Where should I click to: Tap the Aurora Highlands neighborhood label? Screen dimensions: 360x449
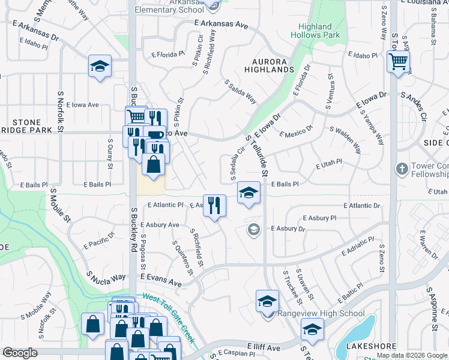tap(269, 65)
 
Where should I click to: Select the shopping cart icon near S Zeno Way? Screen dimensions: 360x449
tap(398, 61)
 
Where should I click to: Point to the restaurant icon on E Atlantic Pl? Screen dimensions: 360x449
tap(214, 205)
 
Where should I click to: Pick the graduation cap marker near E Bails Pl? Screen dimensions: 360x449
tap(249, 193)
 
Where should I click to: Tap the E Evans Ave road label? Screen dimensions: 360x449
tap(160, 281)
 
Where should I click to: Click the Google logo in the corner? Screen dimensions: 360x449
tap(19, 353)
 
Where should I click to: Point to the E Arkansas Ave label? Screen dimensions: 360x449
tap(221, 25)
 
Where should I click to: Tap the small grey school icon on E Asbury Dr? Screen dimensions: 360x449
tap(255, 229)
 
